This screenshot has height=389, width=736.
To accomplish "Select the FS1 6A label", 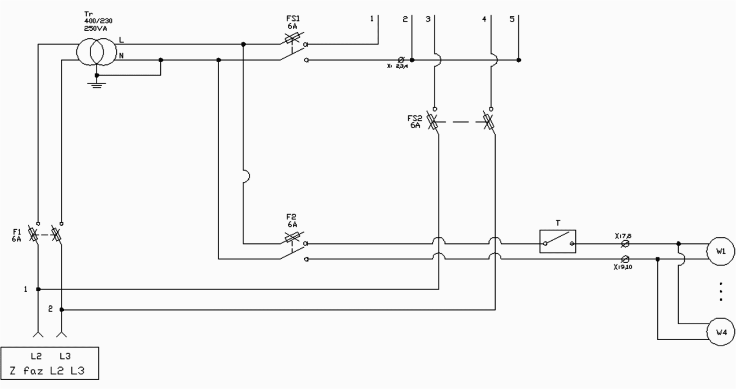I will (292, 22).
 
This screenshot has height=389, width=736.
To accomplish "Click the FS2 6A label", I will (415, 121).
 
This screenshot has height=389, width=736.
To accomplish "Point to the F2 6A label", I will (291, 220).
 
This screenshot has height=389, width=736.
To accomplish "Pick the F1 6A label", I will (17, 235).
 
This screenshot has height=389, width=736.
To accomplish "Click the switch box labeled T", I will (558, 241).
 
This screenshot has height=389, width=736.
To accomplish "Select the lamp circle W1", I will (721, 252).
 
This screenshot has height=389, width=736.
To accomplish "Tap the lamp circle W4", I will (721, 332).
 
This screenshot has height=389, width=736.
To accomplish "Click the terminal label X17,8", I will (623, 236).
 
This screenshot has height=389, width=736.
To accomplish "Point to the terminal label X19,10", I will (622, 267).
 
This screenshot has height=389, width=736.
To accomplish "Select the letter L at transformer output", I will (121, 40).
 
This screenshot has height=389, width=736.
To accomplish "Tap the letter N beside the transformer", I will (121, 56).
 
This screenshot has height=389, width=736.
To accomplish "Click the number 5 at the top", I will (512, 19).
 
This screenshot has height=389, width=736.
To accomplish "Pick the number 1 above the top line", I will (372, 19).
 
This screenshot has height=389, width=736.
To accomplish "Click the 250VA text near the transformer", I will (95, 28).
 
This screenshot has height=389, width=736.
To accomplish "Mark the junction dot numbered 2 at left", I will (62, 310).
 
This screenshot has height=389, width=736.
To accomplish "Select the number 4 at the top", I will (484, 19).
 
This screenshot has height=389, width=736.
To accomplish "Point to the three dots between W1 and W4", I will (721, 292).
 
